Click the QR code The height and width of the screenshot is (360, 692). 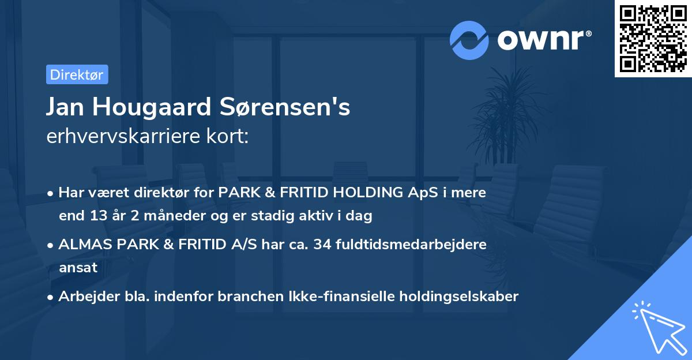[x=653, y=39]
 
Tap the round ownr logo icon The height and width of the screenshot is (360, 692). [x=469, y=40]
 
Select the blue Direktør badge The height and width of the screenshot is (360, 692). [x=77, y=74]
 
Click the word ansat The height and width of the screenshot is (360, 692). [x=78, y=268]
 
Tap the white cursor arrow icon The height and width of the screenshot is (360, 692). [x=657, y=326]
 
